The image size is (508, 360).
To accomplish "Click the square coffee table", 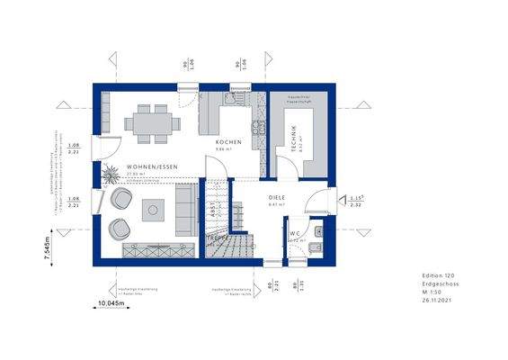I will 152,210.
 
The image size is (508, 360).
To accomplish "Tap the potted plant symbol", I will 110,173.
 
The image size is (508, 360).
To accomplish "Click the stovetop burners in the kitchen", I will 256,130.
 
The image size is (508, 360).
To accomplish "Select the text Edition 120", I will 440,274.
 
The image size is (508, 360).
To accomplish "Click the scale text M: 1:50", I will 433,292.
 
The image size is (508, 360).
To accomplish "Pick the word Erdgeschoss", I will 440,283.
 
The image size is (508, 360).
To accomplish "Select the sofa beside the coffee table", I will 187,208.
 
